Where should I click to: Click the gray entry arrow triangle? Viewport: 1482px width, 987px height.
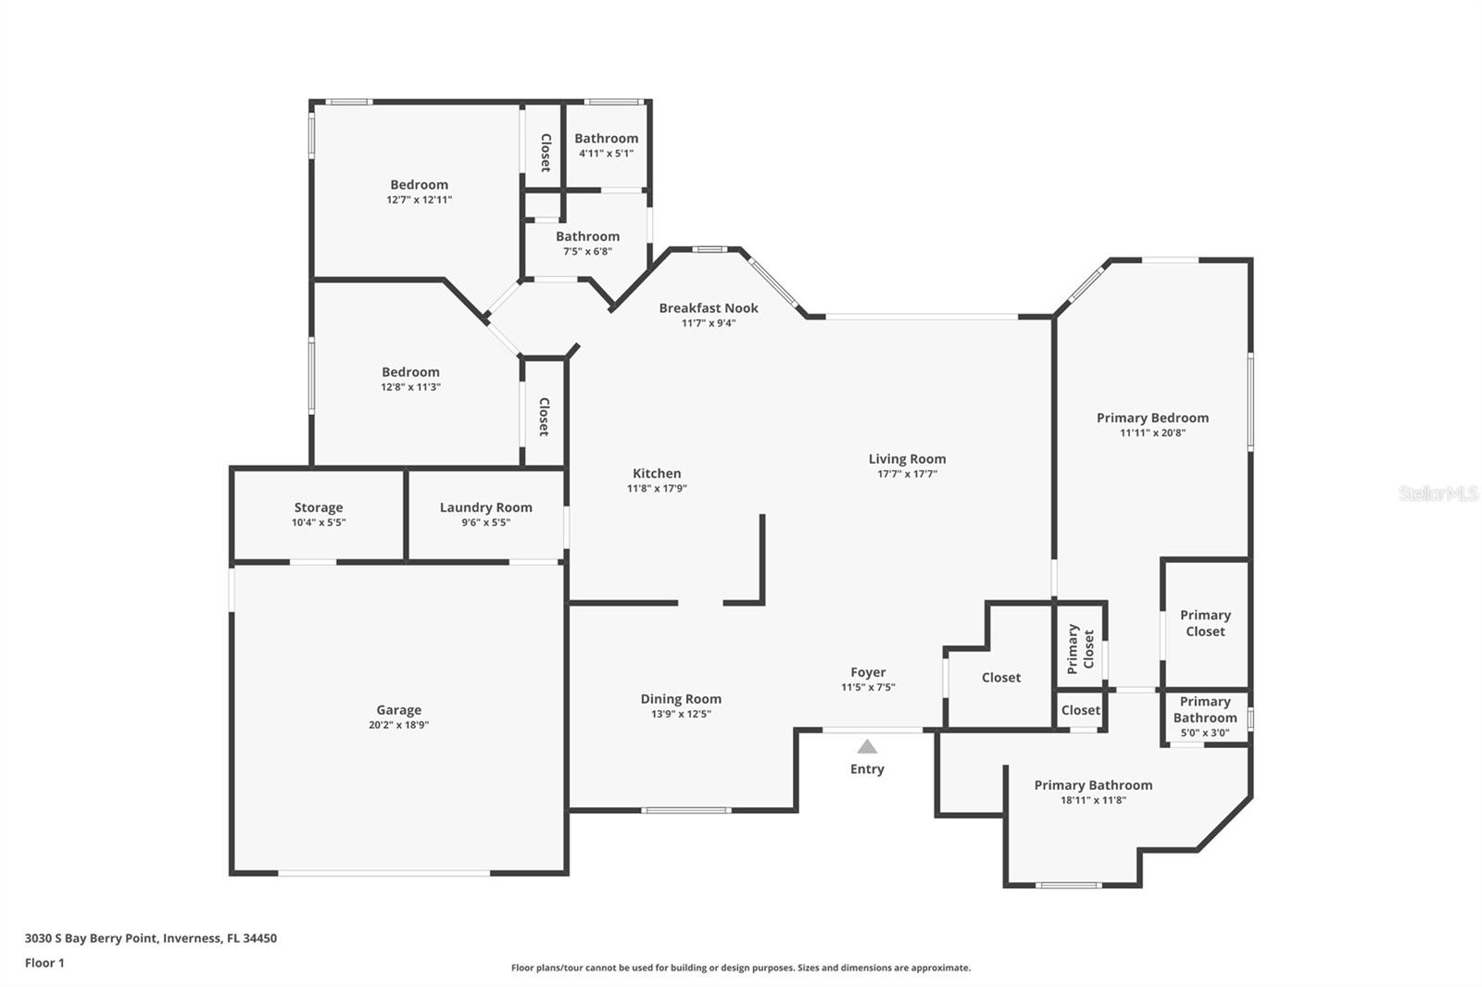pos(867,746)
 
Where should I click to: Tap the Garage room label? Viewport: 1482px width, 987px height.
pos(398,710)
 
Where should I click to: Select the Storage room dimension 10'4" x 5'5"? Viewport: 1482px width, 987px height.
pos(319,522)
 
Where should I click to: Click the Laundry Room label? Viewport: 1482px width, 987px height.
pos(485,507)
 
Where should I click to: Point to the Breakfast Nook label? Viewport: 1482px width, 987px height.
pos(709,308)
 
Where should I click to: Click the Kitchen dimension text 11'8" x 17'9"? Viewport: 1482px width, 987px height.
pos(657,488)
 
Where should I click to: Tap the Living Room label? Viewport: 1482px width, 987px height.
pos(907,458)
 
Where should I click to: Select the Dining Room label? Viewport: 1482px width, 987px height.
pos(681,699)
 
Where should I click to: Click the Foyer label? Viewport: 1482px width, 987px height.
pos(868,672)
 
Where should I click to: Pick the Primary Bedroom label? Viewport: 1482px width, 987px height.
pos(1152,418)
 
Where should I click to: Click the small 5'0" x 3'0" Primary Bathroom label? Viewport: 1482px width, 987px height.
pos(1204,710)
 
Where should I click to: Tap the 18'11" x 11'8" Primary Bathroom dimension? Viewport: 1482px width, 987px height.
pos(1093,800)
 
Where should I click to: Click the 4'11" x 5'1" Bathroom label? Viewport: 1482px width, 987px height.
pos(606,139)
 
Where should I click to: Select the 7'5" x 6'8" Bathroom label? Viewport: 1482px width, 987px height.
pos(587,237)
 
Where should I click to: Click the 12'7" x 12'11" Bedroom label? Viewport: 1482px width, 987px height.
pos(419,185)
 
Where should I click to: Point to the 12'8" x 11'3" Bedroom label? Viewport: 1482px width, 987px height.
pos(410,372)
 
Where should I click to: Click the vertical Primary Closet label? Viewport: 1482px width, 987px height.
pos(1081,648)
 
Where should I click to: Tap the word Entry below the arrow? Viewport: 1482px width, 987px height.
pos(867,769)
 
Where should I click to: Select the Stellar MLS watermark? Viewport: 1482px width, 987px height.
pos(1438,493)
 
